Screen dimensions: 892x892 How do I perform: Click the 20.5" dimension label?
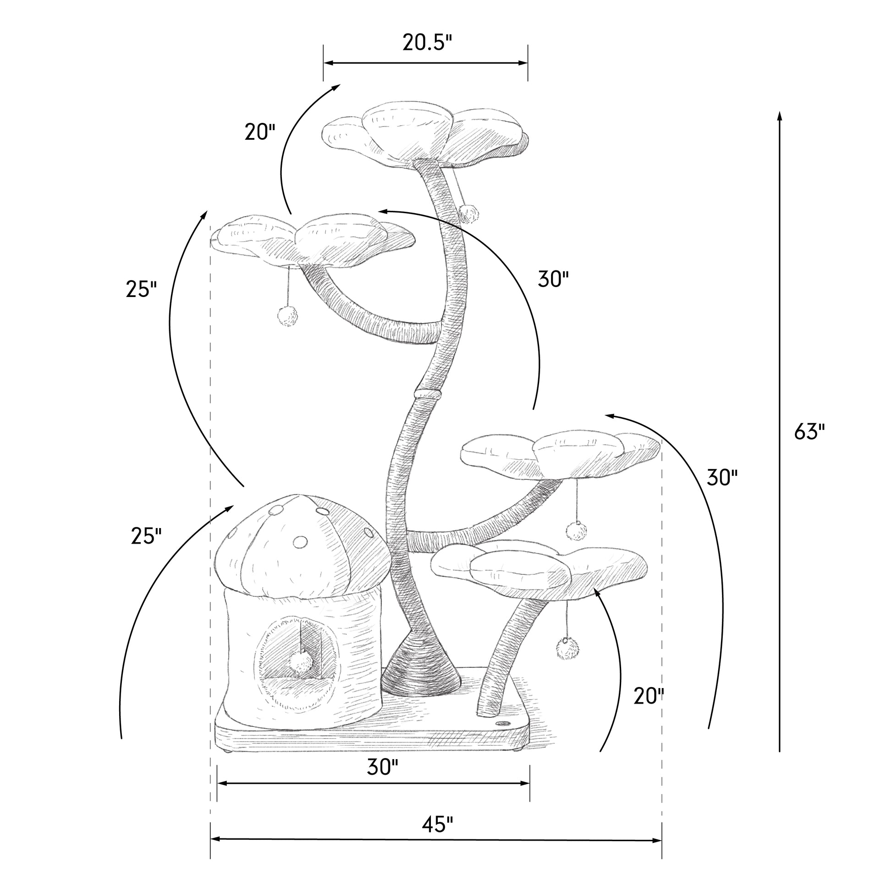click(427, 43)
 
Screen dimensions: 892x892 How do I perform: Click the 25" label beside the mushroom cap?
click(146, 536)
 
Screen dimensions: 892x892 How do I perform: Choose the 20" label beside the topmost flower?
click(260, 132)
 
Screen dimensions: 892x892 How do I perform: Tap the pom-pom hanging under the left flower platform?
click(288, 316)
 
